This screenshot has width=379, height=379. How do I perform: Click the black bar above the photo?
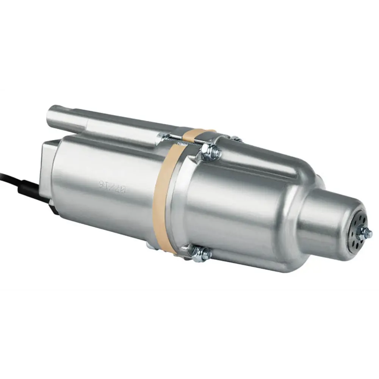point(189,44)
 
